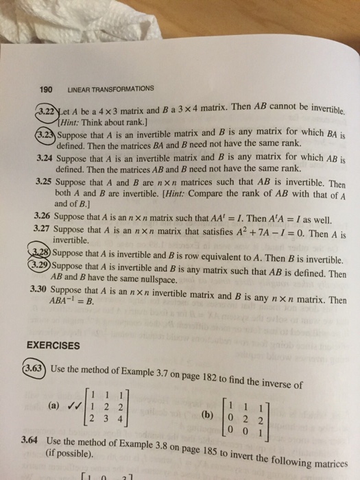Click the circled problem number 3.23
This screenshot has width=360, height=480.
[x=44, y=134]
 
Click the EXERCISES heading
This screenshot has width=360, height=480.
[x=54, y=346]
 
